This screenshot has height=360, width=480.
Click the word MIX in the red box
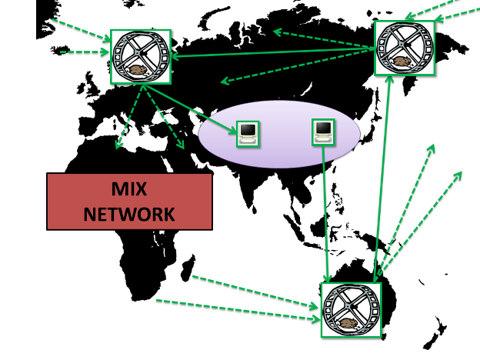(129, 189)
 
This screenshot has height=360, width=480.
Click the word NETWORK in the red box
(129, 214)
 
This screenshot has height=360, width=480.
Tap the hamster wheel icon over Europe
(141, 57)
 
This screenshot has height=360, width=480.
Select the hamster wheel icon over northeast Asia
(405, 48)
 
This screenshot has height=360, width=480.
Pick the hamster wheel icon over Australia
(351, 310)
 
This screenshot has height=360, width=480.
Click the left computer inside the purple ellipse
(248, 134)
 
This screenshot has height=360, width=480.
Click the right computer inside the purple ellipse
(323, 132)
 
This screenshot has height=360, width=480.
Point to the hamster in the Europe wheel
(138, 71)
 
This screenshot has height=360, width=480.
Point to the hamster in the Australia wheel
(348, 324)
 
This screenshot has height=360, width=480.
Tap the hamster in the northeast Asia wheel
(402, 62)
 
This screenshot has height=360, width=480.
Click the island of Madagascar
(188, 268)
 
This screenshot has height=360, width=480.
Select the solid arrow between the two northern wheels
(273, 52)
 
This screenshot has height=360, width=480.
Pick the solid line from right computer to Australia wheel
(325, 214)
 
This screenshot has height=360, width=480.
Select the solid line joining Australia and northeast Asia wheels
(382, 178)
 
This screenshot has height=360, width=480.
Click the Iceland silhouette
(60, 50)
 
